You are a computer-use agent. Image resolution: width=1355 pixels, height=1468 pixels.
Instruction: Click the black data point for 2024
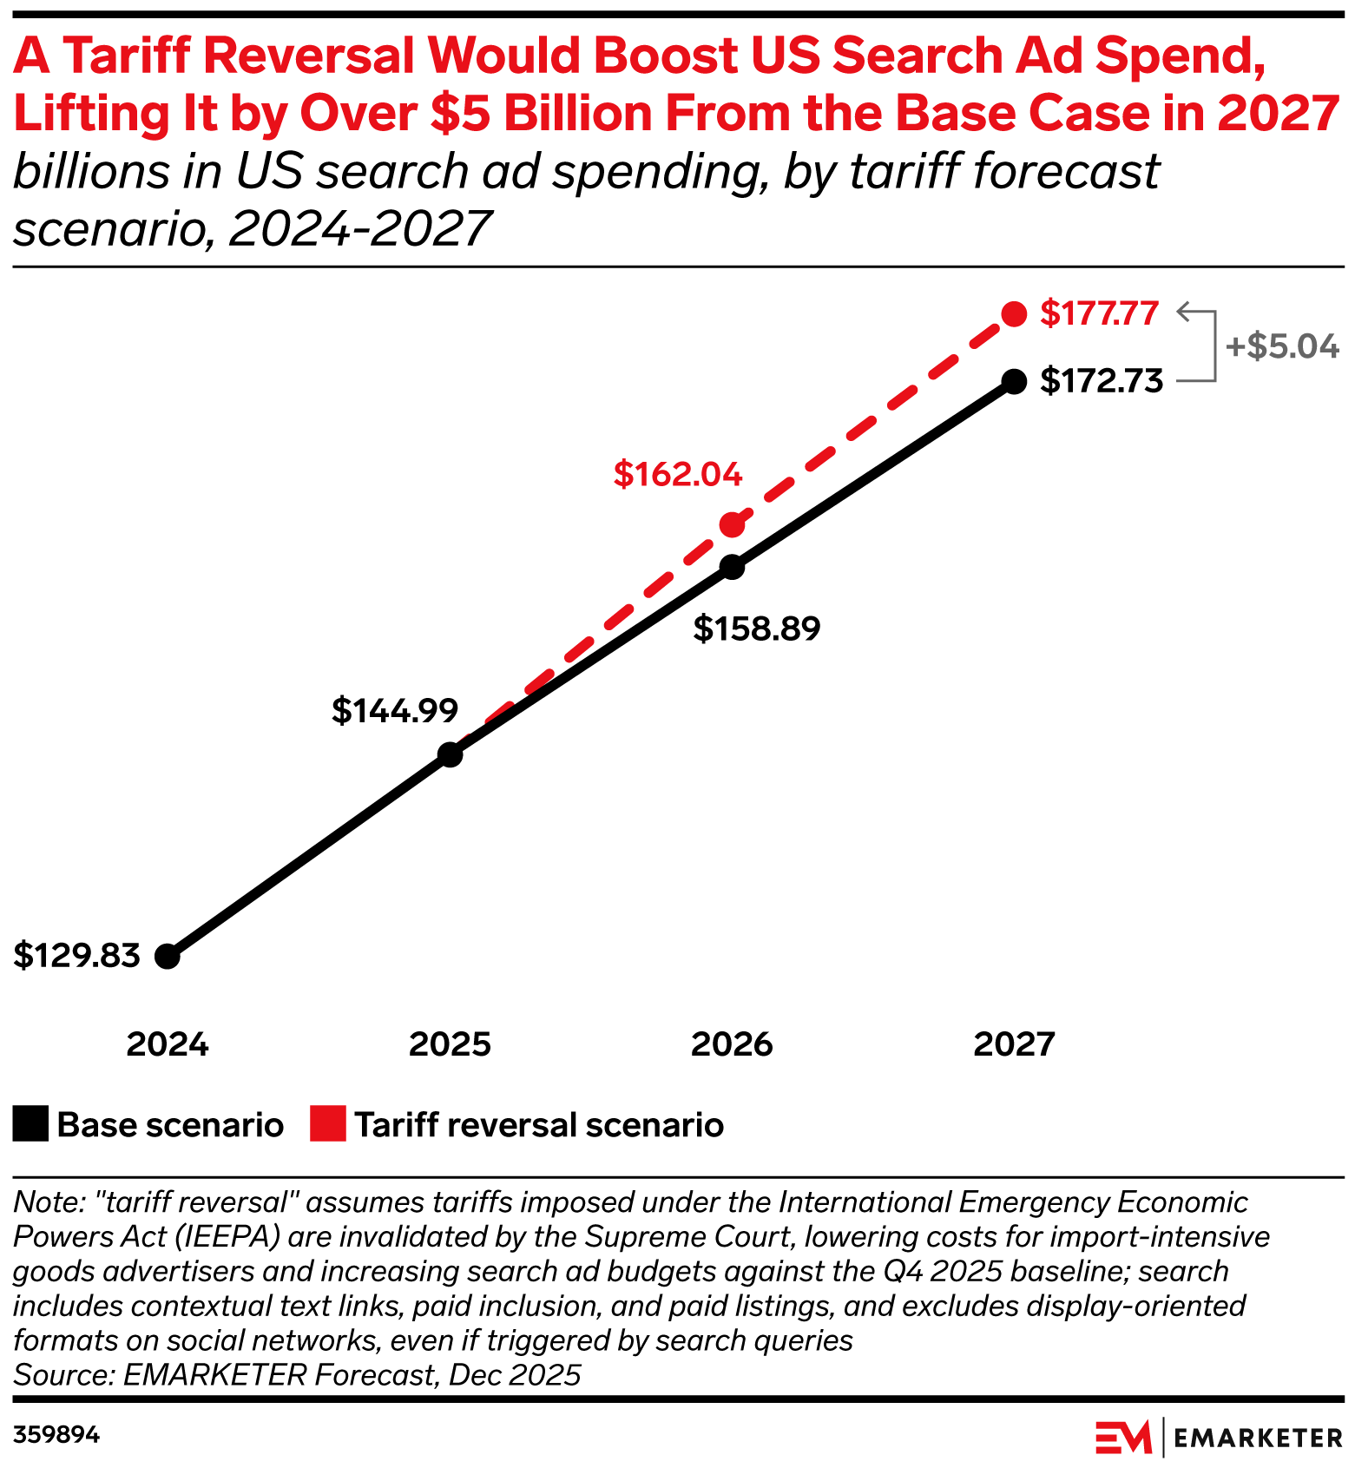click(168, 957)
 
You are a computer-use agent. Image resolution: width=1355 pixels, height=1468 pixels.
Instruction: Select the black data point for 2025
click(450, 754)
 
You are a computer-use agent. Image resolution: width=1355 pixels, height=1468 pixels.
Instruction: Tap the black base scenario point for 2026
click(733, 568)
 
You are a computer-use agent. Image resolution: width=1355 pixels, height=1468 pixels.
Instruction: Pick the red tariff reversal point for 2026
click(733, 524)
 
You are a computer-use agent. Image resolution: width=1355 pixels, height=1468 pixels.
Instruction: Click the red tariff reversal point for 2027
click(1014, 314)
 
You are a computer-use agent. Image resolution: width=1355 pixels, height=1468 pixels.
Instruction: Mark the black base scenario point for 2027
click(1014, 381)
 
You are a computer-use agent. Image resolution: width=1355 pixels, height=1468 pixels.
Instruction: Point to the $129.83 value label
click(77, 956)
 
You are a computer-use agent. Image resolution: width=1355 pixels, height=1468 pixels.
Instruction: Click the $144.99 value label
click(395, 711)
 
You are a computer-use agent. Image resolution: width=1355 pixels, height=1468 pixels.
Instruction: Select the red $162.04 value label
click(678, 474)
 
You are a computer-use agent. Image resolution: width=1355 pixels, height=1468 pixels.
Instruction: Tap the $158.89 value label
click(756, 629)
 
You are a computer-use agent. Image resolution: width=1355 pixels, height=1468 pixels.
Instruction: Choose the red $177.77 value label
click(1100, 313)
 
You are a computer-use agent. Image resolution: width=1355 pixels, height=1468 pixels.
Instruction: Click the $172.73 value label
click(1102, 381)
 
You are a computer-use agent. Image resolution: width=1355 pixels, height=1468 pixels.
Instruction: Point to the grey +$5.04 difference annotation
click(1282, 346)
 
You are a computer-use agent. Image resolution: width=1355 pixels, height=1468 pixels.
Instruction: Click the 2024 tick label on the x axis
click(168, 1044)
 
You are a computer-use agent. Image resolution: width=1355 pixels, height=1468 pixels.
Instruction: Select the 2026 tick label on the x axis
click(732, 1044)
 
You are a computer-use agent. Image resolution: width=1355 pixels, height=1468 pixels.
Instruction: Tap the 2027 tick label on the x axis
click(1014, 1044)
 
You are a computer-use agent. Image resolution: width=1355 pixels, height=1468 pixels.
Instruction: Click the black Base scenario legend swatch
click(30, 1124)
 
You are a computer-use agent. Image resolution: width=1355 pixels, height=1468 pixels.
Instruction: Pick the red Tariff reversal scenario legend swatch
click(328, 1124)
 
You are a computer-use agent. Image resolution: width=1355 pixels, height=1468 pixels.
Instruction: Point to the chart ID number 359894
click(57, 1435)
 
